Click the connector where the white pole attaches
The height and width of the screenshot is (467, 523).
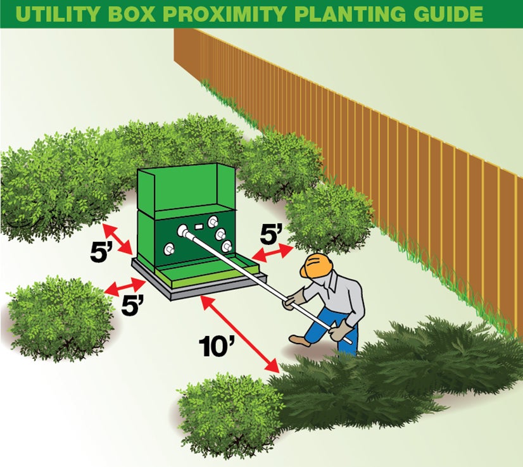(x=184, y=232)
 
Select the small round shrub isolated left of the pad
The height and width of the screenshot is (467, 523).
(x=60, y=316)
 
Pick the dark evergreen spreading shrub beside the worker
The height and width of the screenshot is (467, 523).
(x=405, y=373)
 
